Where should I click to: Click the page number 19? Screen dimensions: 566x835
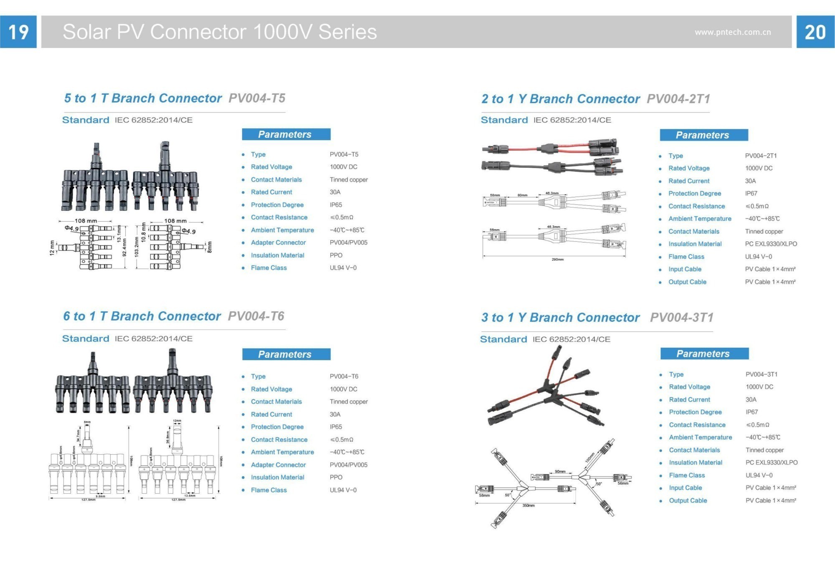[18, 32]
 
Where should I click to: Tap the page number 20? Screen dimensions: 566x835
[815, 32]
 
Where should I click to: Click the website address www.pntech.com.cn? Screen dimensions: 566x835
[733, 32]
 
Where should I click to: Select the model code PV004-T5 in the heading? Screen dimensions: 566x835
[257, 98]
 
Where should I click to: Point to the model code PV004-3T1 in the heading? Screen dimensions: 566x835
[681, 318]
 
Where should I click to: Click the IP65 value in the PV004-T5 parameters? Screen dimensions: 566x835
[336, 205]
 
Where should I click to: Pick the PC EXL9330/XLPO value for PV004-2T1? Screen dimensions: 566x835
[771, 244]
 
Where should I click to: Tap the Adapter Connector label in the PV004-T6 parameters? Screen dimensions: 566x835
[278, 465]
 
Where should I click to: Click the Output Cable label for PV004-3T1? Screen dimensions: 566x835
[688, 500]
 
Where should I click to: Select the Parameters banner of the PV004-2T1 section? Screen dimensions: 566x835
[703, 135]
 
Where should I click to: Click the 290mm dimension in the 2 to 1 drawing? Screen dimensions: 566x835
[557, 260]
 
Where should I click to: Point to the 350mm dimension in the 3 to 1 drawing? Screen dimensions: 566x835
[528, 505]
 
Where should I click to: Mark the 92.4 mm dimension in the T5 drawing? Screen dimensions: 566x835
[124, 247]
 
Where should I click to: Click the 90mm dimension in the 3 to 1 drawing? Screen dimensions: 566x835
[560, 472]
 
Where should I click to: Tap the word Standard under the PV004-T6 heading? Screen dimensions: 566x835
[86, 339]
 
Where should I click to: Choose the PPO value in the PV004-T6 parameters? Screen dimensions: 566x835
[336, 477]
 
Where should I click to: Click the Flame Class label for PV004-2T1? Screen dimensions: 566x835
[686, 257]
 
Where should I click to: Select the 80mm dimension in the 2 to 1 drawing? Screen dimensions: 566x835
[522, 195]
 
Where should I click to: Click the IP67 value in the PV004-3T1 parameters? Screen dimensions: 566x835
[751, 412]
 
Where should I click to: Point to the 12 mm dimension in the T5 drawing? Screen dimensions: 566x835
[52, 248]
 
